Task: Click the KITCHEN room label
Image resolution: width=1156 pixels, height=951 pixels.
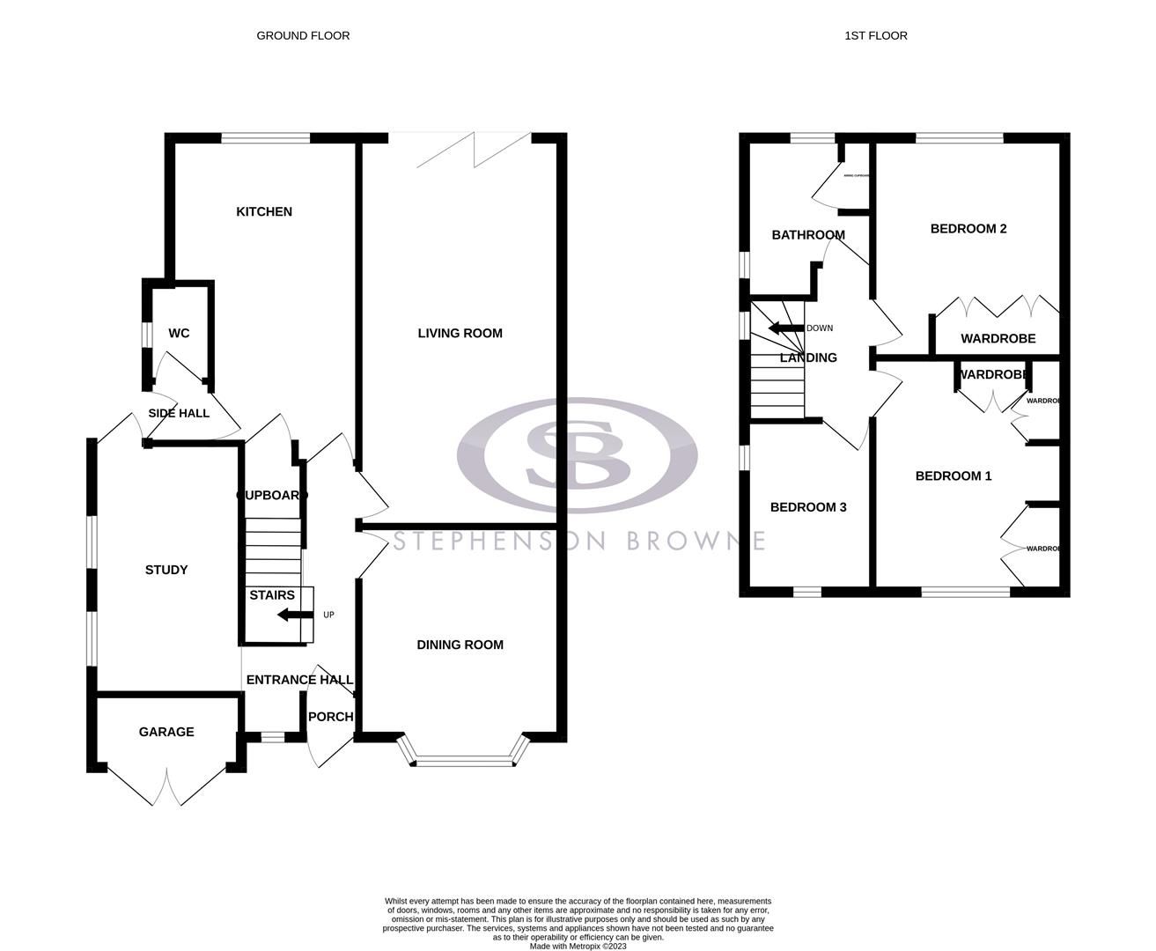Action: pos(264,212)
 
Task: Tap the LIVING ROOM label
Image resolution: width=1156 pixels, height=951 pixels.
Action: pos(460,333)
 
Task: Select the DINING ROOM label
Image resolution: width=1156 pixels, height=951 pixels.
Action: pos(460,645)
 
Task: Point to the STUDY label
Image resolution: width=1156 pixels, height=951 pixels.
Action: pos(166,570)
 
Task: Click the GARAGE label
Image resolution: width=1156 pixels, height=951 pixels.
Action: pos(166,732)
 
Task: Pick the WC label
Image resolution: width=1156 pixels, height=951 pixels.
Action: pos(179,333)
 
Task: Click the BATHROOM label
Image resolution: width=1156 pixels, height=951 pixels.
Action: pos(807,235)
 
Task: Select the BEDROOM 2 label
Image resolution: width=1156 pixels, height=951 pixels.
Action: pos(968,229)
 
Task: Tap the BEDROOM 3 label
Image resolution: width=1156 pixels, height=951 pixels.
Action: pos(807,507)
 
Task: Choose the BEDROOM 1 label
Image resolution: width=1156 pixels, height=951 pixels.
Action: pos(954,476)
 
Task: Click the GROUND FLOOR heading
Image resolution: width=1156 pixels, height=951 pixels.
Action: pos(303,36)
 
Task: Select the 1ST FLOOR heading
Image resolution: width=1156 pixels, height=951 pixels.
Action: pos(875,36)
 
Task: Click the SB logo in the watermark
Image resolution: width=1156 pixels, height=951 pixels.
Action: pos(578,455)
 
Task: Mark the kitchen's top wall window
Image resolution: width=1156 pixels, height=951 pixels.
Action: pos(265,137)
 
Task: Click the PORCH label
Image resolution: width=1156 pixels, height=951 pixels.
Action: pos(330,717)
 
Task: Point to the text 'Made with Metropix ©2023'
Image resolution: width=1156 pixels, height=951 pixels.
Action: pos(578,947)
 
